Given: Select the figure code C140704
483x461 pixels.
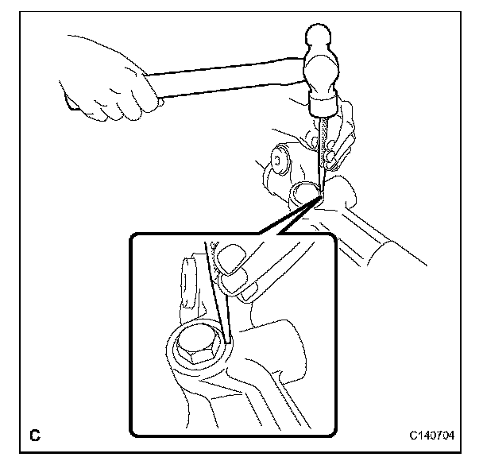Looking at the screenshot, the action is click(431, 435).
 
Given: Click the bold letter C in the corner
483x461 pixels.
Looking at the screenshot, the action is click(35, 435).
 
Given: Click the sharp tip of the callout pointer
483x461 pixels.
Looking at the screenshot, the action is click(320, 198).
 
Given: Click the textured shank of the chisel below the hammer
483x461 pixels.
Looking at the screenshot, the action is click(323, 141).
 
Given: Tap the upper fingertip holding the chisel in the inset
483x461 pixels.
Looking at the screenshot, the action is click(232, 259).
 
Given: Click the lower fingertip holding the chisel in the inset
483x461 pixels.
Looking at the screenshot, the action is click(232, 284).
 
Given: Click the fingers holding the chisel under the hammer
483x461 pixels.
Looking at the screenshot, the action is click(336, 141).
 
